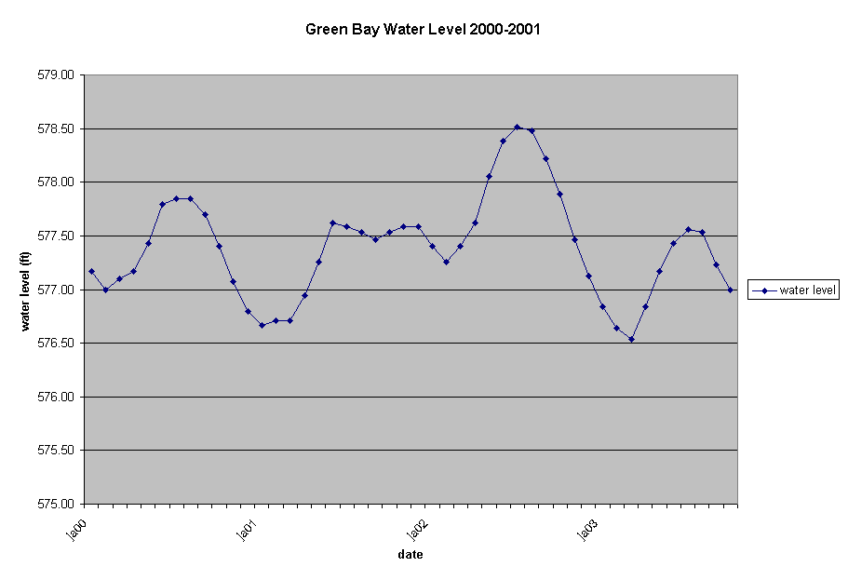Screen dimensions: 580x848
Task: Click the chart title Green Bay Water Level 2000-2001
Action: point(423,30)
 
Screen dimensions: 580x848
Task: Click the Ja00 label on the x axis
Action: point(78,532)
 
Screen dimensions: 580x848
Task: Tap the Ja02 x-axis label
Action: point(418,532)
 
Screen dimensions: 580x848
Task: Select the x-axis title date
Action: point(411,555)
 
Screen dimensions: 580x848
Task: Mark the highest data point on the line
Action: point(518,127)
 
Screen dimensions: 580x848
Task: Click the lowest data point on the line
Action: point(631,339)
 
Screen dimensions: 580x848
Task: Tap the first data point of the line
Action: point(91,271)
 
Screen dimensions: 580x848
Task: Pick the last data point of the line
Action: point(731,290)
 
